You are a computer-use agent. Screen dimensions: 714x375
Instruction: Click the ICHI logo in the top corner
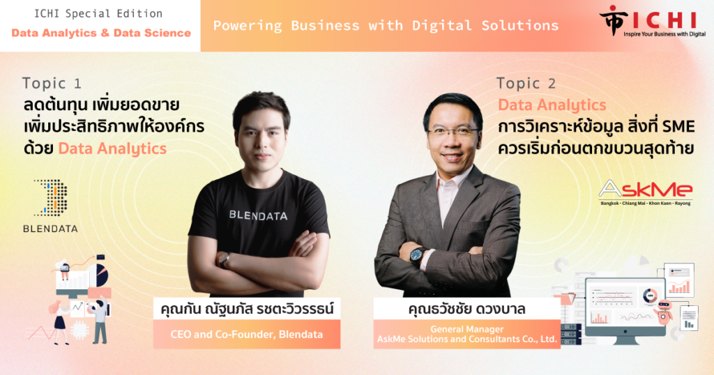[x=652, y=21]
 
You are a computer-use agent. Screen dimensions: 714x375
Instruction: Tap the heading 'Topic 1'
[x=52, y=83]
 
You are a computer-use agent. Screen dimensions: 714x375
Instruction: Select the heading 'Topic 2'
[x=526, y=83]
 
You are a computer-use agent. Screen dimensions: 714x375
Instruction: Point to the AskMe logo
[x=645, y=192]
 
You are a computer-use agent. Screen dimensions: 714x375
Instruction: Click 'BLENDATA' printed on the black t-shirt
[x=258, y=215]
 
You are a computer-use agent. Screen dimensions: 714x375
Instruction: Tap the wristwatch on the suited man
[x=418, y=257]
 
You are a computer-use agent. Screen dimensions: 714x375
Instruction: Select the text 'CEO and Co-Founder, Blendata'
[x=246, y=335]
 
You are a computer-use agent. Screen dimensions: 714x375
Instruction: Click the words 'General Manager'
[x=466, y=329]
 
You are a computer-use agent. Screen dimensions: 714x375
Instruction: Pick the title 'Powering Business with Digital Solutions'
[x=386, y=26]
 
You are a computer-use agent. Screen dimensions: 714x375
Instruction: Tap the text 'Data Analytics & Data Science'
[x=101, y=33]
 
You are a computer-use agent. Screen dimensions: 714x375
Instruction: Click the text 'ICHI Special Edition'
[x=98, y=14]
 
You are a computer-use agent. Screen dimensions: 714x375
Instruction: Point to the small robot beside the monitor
[x=663, y=311]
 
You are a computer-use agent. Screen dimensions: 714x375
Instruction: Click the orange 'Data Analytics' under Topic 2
[x=552, y=105]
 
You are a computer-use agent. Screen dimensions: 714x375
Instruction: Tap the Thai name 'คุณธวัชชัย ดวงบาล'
[x=466, y=309]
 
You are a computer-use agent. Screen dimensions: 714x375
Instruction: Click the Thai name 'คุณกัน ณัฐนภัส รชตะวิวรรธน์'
[x=247, y=309]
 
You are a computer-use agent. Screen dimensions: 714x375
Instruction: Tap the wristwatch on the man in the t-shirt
[x=224, y=260]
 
